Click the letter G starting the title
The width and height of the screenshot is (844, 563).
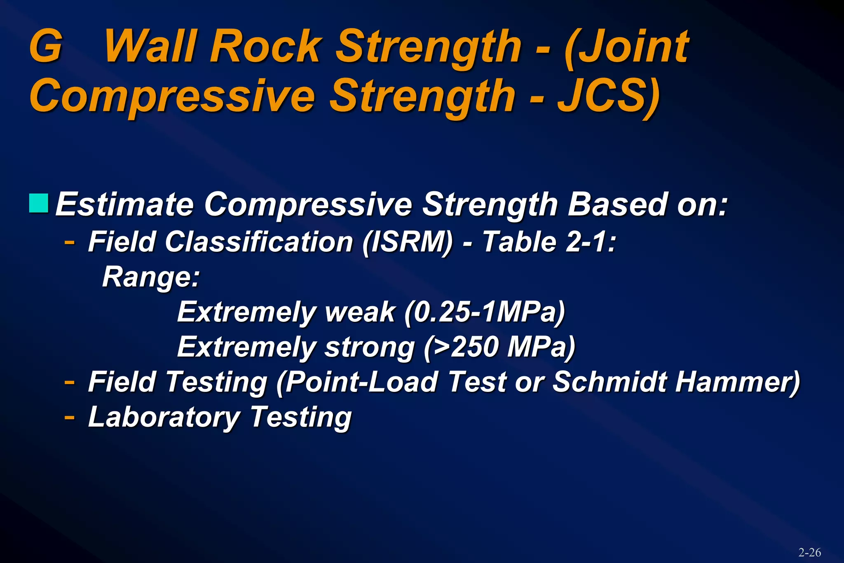click(x=46, y=46)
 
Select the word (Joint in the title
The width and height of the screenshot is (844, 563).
click(x=626, y=46)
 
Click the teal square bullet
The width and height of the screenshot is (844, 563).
click(x=39, y=203)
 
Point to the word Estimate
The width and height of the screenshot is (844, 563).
click(x=124, y=204)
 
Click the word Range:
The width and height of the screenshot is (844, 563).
click(x=151, y=277)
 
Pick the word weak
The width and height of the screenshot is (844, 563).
click(x=360, y=312)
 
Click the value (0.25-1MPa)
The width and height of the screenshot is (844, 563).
click(x=485, y=312)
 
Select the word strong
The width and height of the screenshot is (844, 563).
click(x=369, y=347)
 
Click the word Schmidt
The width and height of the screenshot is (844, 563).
click(x=609, y=382)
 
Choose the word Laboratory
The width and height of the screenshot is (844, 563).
click(x=164, y=417)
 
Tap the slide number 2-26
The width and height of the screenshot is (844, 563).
click(x=809, y=552)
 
